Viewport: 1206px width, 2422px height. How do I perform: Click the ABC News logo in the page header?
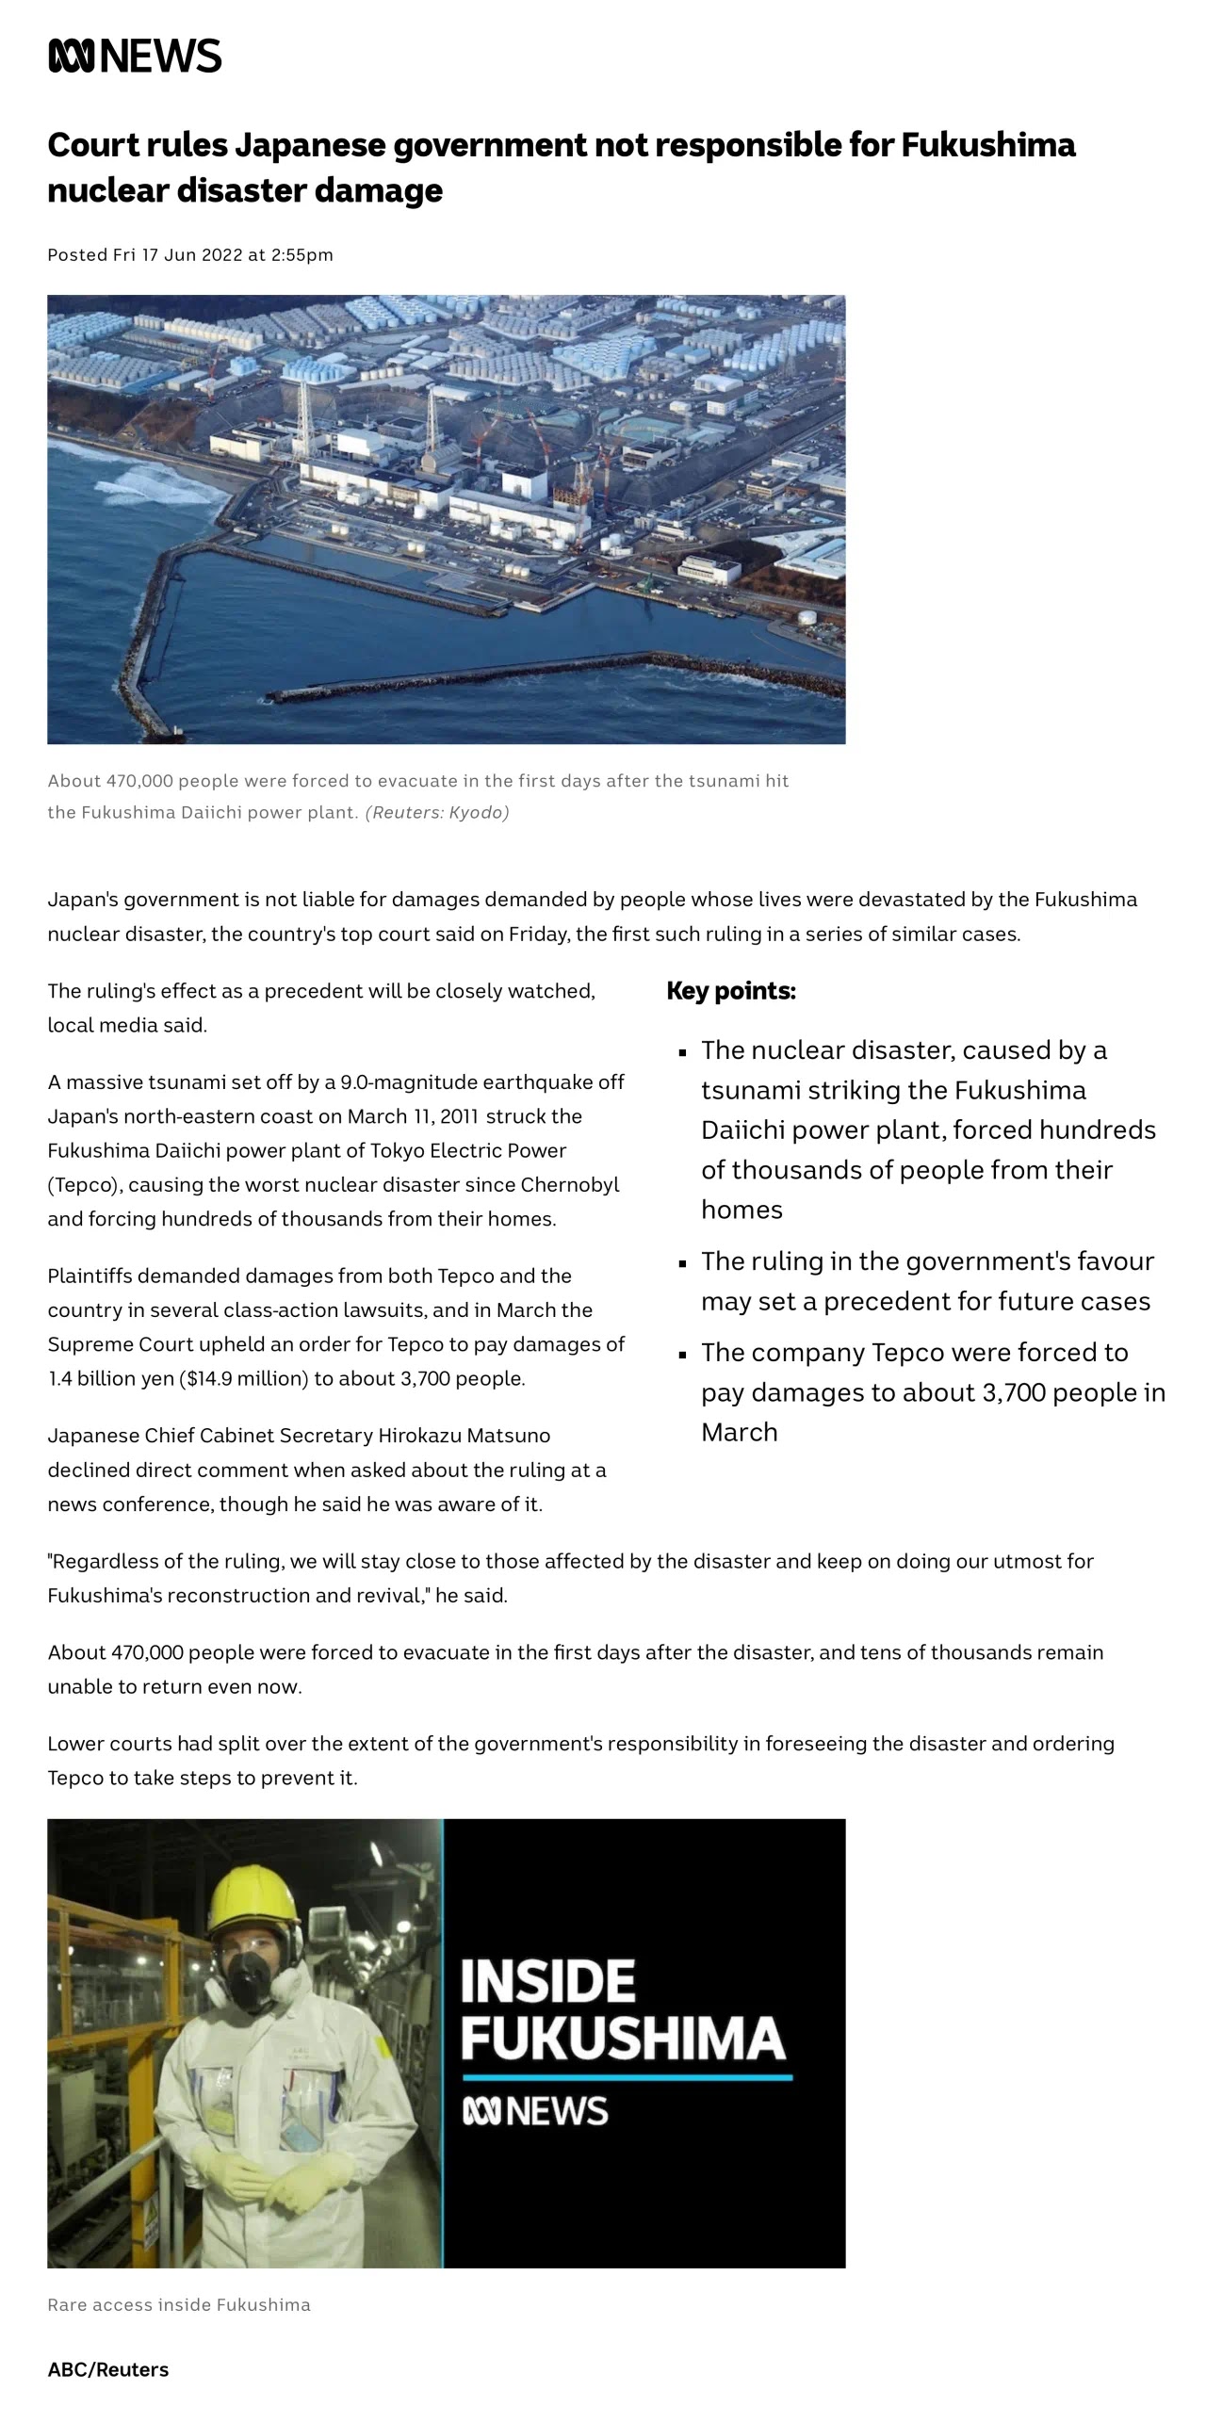pyautogui.click(x=135, y=56)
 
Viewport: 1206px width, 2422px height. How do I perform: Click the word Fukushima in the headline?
pyautogui.click(x=987, y=145)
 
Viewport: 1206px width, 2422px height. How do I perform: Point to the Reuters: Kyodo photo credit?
pyautogui.click(x=437, y=812)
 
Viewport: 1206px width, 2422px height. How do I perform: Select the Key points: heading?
pyautogui.click(x=731, y=991)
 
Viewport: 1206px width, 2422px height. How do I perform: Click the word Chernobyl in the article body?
pyautogui.click(x=569, y=1184)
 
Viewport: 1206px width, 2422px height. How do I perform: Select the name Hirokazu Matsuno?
pyautogui.click(x=464, y=1436)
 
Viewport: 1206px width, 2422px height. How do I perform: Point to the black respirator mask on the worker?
pyautogui.click(x=249, y=1981)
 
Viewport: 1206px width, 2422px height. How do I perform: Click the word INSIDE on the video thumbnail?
pyautogui.click(x=547, y=1981)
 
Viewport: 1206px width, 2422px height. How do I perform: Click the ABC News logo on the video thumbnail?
pyautogui.click(x=535, y=2112)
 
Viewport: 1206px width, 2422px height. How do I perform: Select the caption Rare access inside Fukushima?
pyautogui.click(x=179, y=2305)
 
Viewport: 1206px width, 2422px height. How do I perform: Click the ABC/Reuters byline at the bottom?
pyautogui.click(x=108, y=2370)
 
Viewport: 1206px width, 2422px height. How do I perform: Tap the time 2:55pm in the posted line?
pyautogui.click(x=301, y=255)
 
